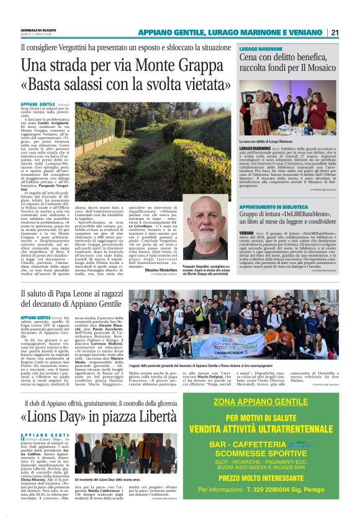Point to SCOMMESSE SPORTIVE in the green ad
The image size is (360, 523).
(x=270, y=453)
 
